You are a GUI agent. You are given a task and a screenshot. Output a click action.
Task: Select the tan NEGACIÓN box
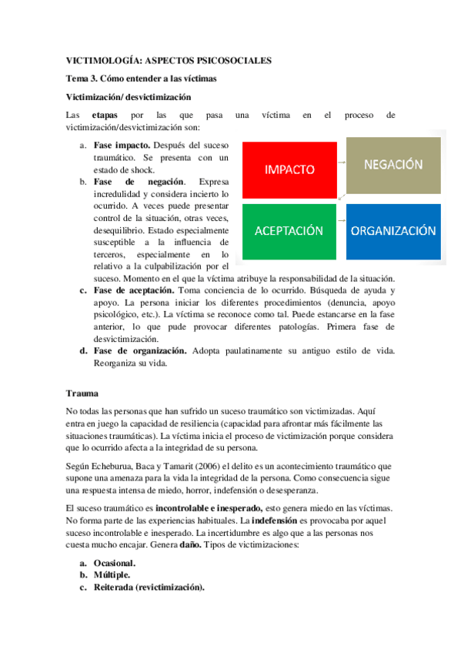pyautogui.click(x=393, y=165)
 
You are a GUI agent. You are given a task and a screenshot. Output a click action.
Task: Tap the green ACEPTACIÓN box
pyautogui.click(x=289, y=231)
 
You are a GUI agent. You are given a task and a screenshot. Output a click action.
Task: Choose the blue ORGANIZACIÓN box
pyautogui.click(x=393, y=231)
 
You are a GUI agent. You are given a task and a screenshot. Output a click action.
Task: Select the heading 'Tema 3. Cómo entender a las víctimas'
pyautogui.click(x=139, y=79)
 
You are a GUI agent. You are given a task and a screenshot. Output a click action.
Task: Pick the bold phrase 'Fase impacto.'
pyautogui.click(x=122, y=145)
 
